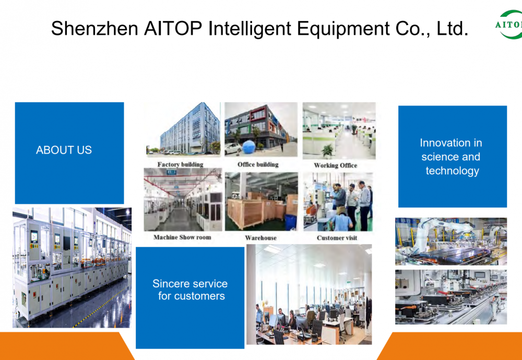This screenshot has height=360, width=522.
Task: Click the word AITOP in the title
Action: pyautogui.click(x=173, y=28)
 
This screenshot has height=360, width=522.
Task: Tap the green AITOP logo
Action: pyautogui.click(x=509, y=25)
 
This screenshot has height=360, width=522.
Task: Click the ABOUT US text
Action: pyautogui.click(x=64, y=150)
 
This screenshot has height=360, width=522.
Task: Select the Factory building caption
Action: pyautogui.click(x=180, y=165)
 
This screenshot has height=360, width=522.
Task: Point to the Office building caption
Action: pyautogui.click(x=258, y=165)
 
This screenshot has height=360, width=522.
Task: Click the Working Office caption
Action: pyautogui.click(x=335, y=165)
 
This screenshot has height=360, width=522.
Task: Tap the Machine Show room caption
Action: pyautogui.click(x=182, y=237)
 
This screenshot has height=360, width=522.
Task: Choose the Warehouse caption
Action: pyautogui.click(x=260, y=238)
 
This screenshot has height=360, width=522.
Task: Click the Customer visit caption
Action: pyautogui.click(x=337, y=238)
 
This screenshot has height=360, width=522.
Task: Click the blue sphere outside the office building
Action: pyautogui.click(x=248, y=147)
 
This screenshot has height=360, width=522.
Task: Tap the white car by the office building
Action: pyautogui.click(x=232, y=149)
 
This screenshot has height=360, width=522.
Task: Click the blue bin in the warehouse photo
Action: pyautogui.click(x=291, y=222)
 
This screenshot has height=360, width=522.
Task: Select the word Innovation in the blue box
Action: pyautogui.click(x=451, y=143)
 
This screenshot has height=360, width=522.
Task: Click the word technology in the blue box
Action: pyautogui.click(x=452, y=171)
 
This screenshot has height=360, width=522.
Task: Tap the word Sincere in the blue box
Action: pyautogui.click(x=169, y=284)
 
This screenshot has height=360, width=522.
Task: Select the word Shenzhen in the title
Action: pyautogui.click(x=94, y=28)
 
